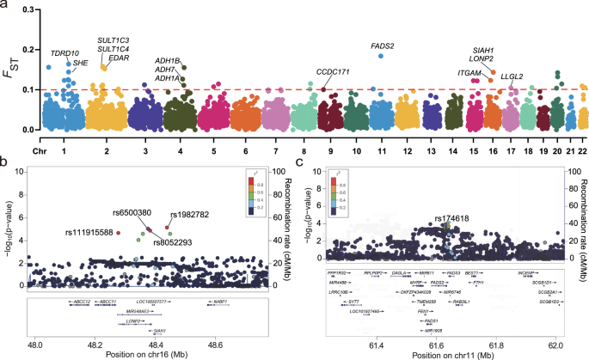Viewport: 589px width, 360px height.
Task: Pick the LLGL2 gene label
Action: [512, 76]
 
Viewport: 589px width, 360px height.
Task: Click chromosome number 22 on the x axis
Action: [583, 139]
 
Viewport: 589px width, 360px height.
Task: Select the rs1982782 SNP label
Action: [187, 214]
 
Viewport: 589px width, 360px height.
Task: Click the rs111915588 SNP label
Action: [89, 233]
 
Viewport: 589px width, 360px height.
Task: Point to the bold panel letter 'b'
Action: [6, 160]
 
